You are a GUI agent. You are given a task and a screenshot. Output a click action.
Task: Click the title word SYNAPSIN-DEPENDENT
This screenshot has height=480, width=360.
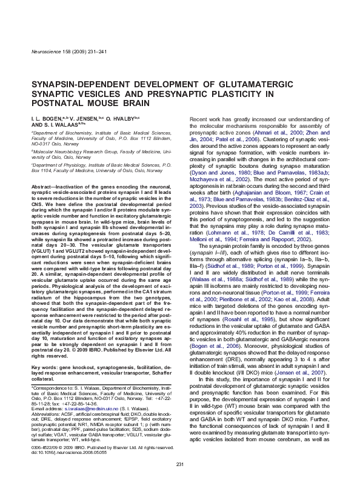coord(73,84)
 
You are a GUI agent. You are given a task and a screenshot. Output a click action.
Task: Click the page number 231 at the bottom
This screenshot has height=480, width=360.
coord(179,464)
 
